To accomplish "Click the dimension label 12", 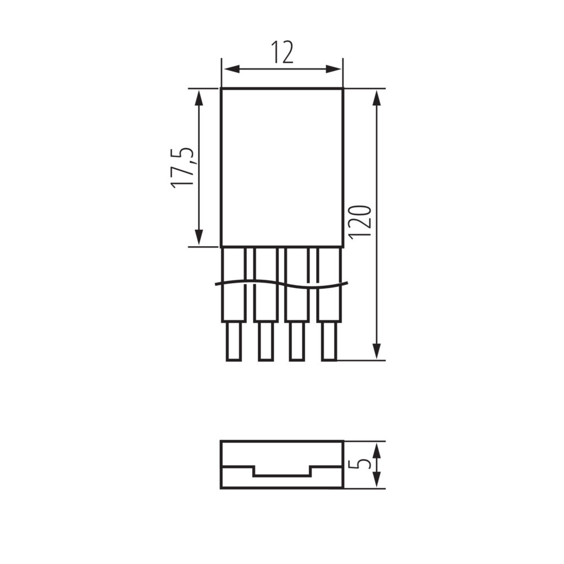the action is pos(283,52).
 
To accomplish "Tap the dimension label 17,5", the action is pos(182,168).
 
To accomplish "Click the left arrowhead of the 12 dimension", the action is pos(231,69).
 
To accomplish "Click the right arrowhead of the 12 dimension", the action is pos(333,69).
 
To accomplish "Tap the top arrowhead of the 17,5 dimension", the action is pos(198,97).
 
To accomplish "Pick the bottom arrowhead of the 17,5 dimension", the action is pos(198,237).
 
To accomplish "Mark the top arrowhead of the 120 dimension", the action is pos(376,97).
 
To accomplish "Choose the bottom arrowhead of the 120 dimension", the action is pos(376,351).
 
